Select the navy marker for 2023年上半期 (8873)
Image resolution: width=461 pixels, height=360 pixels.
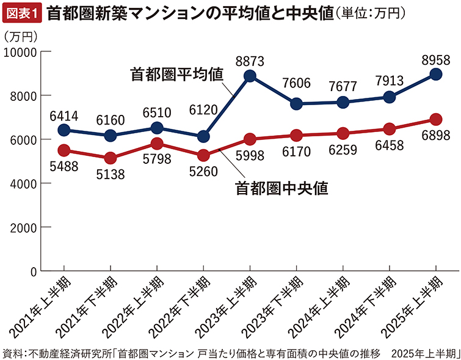pos(249,76)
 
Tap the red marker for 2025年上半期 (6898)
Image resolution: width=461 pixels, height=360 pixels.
pos(436,119)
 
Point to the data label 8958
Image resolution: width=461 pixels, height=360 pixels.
pos(436,59)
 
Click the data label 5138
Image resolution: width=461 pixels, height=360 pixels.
pos(110,174)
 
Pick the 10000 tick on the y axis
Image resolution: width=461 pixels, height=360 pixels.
pos(21,52)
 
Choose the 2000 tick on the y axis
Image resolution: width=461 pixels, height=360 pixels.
pos(24,227)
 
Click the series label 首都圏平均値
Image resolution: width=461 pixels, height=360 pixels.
pos(176,74)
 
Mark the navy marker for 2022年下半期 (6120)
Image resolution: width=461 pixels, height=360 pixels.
pos(203,136)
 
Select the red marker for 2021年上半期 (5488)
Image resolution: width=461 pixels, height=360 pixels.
pos(64,150)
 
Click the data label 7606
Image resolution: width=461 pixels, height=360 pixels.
pos(296,86)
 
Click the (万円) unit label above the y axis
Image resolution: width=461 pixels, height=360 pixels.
pos(21,37)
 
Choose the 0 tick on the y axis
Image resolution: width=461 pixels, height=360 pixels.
pos(34,271)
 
